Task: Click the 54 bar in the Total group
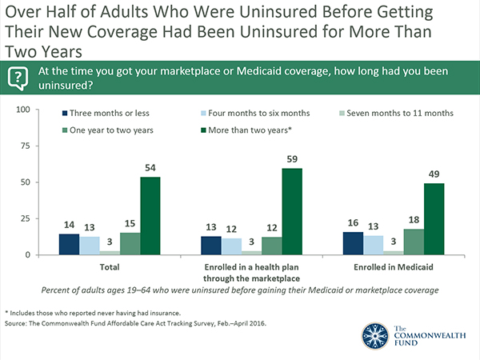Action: pyautogui.click(x=150, y=216)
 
